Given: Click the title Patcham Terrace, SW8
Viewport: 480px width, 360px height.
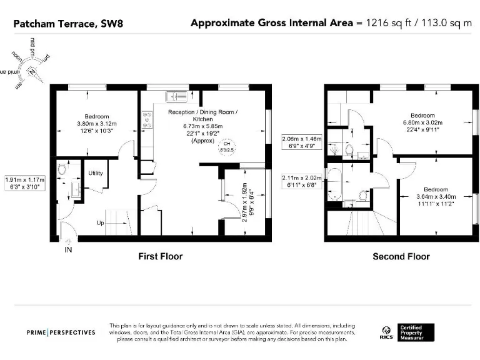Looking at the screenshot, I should pos(54,24).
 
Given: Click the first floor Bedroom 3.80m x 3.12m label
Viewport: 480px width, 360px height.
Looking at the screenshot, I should pos(97,124).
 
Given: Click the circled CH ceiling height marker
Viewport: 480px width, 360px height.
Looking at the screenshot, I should pos(226,148).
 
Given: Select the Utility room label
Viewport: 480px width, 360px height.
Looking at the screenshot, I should pos(96,173).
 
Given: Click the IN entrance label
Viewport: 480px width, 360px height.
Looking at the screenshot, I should pos(68,250).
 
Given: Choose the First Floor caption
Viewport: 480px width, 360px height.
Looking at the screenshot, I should pos(160,256).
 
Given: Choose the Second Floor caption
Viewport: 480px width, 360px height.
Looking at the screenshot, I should pos(401,256).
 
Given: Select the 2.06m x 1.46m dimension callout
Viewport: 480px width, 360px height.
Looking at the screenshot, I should pos(301,142).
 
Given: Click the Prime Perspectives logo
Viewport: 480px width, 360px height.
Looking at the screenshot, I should pos(61,332).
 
